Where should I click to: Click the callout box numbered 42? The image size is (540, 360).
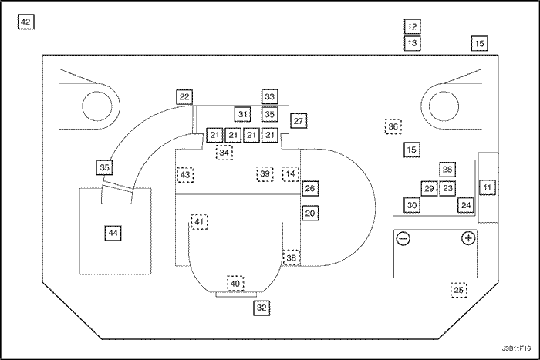point(25,23)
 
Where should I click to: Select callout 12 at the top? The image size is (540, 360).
point(412,27)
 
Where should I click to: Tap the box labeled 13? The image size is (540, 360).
point(412,43)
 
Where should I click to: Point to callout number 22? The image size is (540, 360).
point(184,97)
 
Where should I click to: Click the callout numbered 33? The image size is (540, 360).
point(269,97)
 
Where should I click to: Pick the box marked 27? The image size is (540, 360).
point(299,120)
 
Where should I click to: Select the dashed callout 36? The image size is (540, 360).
point(393,126)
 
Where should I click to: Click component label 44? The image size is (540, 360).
point(113,232)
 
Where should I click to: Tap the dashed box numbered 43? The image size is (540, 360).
point(185,175)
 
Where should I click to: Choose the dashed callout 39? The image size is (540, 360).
point(265,174)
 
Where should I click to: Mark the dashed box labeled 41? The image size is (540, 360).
point(200,222)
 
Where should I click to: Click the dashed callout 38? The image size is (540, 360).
point(291,258)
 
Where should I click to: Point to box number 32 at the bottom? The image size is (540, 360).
point(262,308)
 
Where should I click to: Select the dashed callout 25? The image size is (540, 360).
point(459,291)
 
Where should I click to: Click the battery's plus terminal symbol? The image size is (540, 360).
point(467,239)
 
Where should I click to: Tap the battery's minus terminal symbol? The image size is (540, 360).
point(403,239)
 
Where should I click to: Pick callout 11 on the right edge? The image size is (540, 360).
point(486,187)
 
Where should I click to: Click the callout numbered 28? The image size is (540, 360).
point(447,170)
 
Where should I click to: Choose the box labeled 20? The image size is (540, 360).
point(309,213)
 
